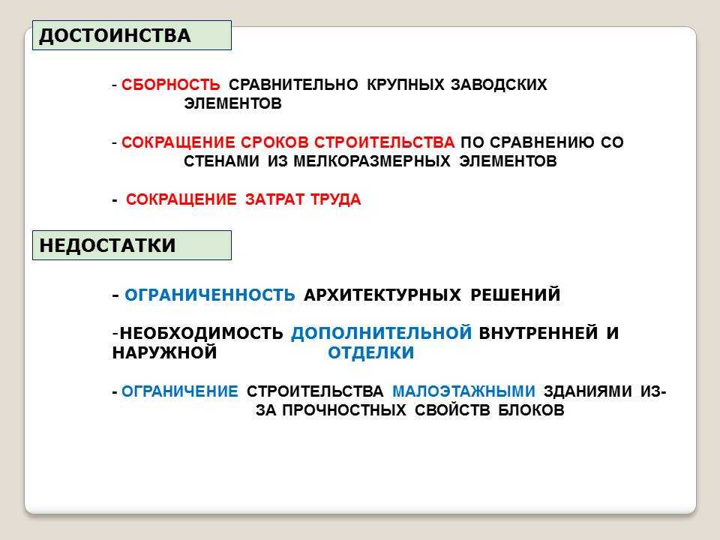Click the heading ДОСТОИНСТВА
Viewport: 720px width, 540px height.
click(115, 36)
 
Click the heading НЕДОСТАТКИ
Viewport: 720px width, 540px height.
click(107, 245)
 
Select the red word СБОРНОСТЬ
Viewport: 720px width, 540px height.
click(171, 85)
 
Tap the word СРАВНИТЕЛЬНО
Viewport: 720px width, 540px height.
click(293, 85)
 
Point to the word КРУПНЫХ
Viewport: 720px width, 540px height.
click(406, 85)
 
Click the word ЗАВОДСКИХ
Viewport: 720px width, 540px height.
click(499, 85)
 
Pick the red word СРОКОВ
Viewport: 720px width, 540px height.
click(274, 142)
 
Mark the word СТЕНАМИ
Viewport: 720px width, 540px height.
click(221, 161)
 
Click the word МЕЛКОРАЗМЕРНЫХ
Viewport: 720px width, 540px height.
click(372, 161)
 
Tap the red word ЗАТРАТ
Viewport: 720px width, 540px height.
click(274, 199)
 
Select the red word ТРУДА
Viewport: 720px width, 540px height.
click(336, 199)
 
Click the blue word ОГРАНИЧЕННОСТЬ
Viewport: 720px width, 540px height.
click(210, 294)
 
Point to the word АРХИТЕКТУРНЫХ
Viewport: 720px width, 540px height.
click(382, 294)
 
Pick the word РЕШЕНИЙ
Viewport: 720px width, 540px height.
click(515, 294)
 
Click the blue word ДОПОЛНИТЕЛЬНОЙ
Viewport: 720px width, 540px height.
click(382, 332)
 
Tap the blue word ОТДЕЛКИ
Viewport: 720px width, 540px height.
click(371, 352)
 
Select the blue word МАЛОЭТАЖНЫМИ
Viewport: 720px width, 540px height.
click(463, 391)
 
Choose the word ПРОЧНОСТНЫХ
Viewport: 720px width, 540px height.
click(344, 410)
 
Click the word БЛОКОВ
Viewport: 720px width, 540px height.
click(531, 410)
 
